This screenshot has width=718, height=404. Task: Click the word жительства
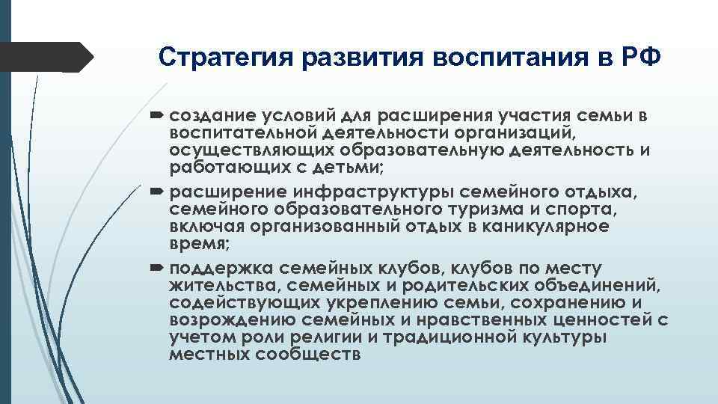[x=216, y=285]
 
